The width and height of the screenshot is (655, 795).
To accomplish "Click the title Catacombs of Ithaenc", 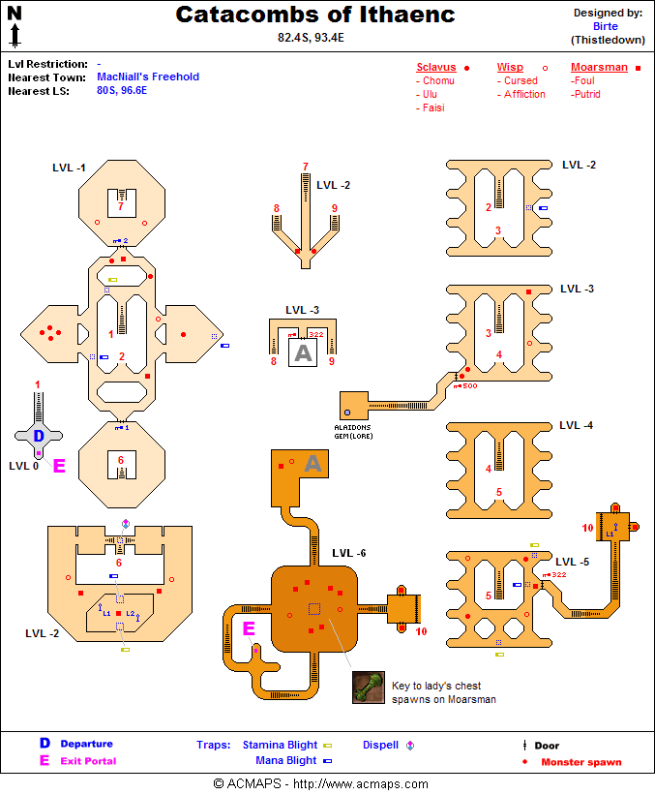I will (315, 15).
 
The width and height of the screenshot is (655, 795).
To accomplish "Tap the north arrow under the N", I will (15, 37).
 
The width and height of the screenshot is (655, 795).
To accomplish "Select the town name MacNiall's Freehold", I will (148, 76).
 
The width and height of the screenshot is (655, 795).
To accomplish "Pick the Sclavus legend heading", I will (435, 68).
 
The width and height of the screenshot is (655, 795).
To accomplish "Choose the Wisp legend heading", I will (510, 68).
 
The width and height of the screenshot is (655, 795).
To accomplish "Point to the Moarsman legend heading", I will (599, 68).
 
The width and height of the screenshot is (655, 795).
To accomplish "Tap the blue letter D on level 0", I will (39, 436).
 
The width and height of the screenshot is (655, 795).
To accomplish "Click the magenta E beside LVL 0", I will (58, 466).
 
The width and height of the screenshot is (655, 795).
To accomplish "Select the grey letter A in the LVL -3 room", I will (303, 353).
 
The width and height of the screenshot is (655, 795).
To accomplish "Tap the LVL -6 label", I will (348, 553).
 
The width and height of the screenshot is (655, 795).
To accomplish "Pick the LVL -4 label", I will (576, 425).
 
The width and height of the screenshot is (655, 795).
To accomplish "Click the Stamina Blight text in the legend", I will (280, 745).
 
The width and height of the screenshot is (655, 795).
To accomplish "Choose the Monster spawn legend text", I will (581, 762).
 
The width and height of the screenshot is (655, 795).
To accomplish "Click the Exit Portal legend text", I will (88, 761).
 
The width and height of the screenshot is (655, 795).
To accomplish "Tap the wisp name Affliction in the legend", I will (524, 95).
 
